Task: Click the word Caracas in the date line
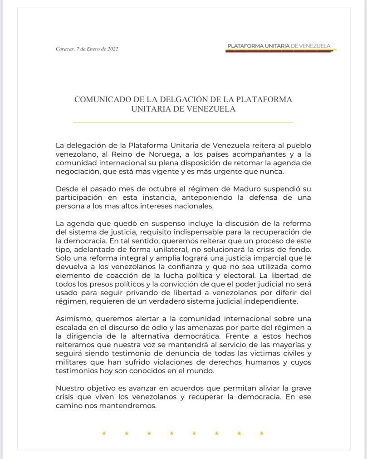pyautogui.click(x=65, y=49)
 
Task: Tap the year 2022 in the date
pyautogui.click(x=113, y=49)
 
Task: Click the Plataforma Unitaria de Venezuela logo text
pyautogui.click(x=279, y=46)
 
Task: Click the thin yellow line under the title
pyautogui.click(x=183, y=122)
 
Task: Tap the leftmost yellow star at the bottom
pyautogui.click(x=104, y=433)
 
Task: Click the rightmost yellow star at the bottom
pyautogui.click(x=262, y=433)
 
